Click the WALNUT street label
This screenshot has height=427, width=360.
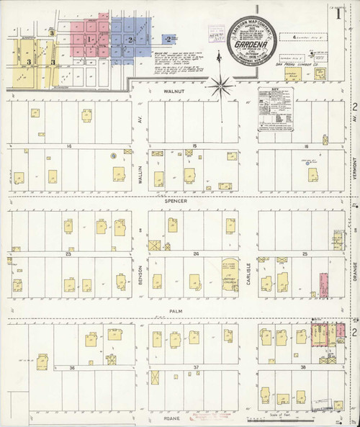pyautogui.click(x=174, y=92)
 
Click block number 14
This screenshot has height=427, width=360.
pyautogui.click(x=70, y=145)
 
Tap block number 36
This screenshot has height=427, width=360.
pyautogui.click(x=71, y=367)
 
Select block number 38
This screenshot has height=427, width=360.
pyautogui.click(x=302, y=367)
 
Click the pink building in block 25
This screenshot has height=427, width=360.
pyautogui.click(x=323, y=284)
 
